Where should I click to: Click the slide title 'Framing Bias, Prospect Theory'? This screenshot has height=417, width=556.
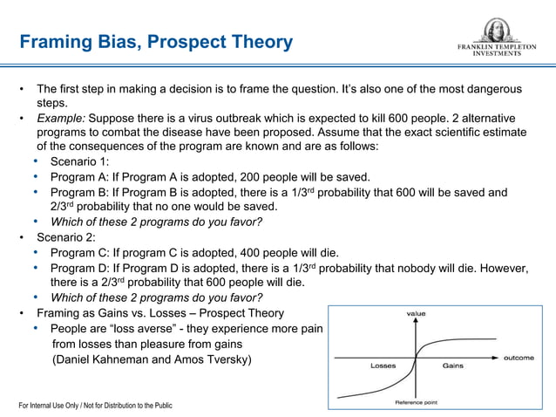[156, 42]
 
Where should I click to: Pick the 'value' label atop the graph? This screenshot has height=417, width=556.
[416, 312]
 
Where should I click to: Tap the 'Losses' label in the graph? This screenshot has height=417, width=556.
[383, 366]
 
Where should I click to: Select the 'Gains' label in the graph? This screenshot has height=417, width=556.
[452, 366]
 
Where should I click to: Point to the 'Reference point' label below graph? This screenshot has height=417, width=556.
[416, 402]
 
